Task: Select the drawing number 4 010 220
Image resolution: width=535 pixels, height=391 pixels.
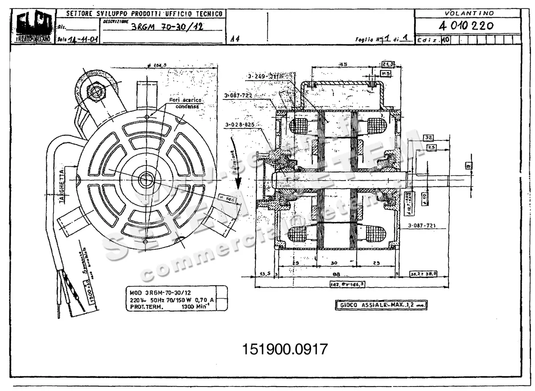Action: pyautogui.click(x=466, y=26)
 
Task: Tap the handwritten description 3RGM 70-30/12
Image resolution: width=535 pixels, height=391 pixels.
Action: pyautogui.click(x=167, y=27)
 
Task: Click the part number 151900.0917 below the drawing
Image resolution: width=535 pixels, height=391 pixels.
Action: pyautogui.click(x=284, y=349)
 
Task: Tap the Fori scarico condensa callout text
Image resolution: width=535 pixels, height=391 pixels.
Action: pyautogui.click(x=185, y=103)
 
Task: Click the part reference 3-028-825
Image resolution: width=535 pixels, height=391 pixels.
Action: pyautogui.click(x=239, y=125)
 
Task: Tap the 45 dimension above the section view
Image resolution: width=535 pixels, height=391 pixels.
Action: pyautogui.click(x=343, y=65)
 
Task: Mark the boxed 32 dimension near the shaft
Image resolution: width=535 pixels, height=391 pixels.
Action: pyautogui.click(x=429, y=137)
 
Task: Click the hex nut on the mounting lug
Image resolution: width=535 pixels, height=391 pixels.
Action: pyautogui.click(x=95, y=92)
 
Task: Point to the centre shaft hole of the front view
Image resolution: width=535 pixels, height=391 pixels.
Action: pyautogui.click(x=145, y=180)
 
